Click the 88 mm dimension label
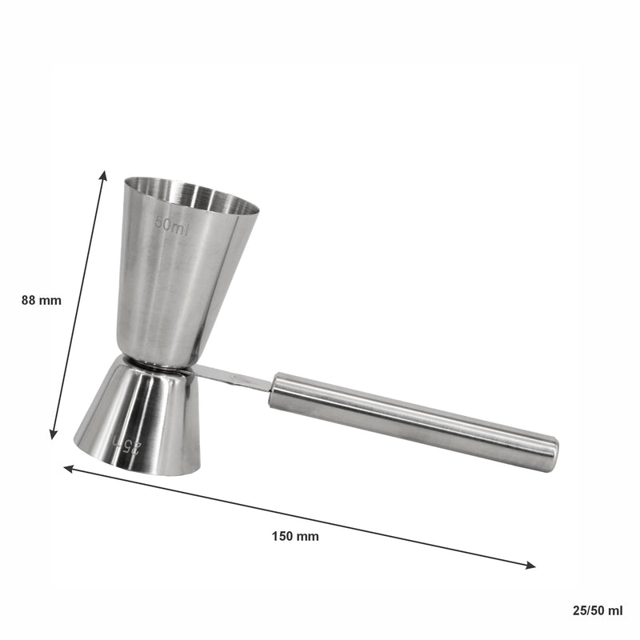coord(42,301)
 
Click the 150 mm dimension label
coord(295,536)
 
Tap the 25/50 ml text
coord(598,610)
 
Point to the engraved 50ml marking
coord(173,226)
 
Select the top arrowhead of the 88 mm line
coord(104,174)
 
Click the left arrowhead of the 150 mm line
coord(68,469)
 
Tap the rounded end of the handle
coord(552,454)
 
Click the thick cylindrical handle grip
coord(416,421)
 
